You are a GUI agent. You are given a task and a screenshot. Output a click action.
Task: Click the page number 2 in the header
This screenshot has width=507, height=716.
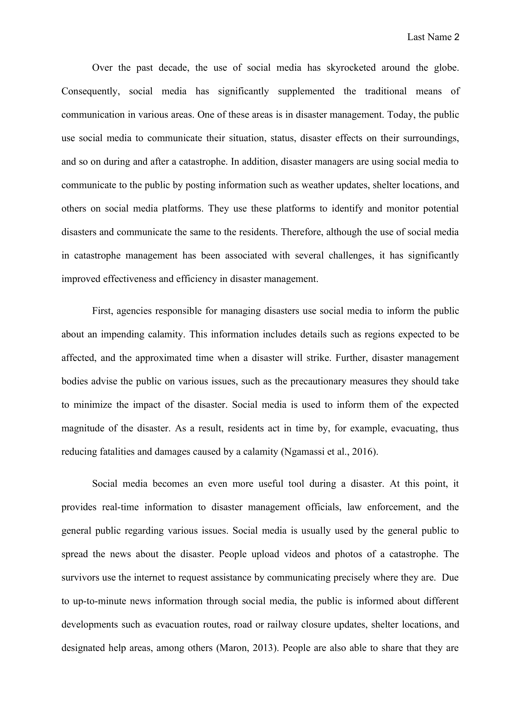tap(456, 37)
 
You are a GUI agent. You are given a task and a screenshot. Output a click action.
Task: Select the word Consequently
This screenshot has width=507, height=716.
tap(90, 91)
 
